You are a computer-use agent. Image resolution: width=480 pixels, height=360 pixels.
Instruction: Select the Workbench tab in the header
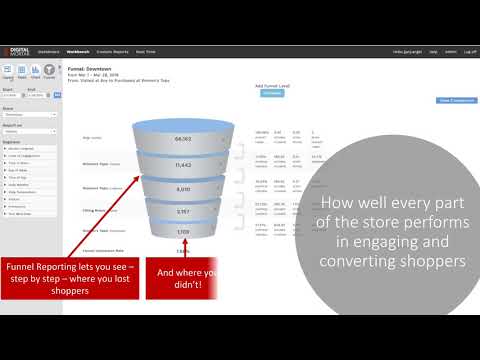(77, 50)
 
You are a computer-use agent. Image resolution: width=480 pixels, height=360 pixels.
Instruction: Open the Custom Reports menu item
(112, 50)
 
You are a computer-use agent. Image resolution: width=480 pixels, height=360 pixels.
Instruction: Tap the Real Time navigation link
(145, 50)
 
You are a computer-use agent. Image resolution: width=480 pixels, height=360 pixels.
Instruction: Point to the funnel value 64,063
(183, 139)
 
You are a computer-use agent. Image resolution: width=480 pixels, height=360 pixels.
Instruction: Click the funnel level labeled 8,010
(183, 188)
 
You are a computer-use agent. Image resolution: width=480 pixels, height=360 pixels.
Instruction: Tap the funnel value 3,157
(183, 211)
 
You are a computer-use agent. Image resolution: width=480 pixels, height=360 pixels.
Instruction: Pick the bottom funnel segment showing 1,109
(183, 231)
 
